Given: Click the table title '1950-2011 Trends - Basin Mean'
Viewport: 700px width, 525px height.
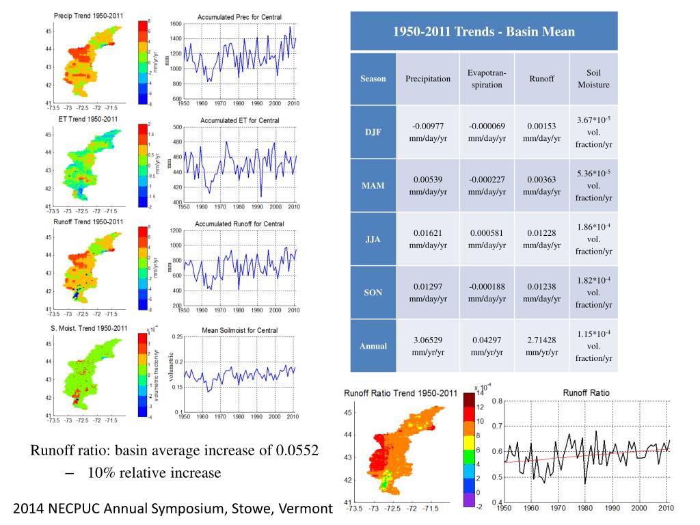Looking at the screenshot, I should coord(483,31).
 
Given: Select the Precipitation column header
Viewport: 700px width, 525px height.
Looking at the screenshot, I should coord(428,79).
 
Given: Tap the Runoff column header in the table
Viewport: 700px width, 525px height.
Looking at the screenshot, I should coord(541,79).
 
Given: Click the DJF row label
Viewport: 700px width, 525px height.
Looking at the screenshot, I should coord(373,132).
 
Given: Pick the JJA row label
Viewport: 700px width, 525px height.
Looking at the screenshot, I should coord(373,239).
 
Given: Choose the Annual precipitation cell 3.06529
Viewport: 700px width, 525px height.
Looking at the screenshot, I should coord(428,340).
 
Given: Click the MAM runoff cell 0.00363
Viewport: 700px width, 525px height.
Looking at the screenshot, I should coord(541,180).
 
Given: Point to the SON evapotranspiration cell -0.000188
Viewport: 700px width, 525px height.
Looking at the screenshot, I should coord(487,286).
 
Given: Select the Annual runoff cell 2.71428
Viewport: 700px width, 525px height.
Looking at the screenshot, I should coord(541,340).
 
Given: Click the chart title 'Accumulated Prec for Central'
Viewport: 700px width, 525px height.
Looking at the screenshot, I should coord(239,16).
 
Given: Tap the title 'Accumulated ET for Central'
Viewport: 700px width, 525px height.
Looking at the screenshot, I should coord(239,121).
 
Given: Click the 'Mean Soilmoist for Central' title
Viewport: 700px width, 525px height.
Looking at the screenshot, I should coord(239,330).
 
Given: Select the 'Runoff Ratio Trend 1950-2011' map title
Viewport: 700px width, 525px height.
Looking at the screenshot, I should coord(400,394).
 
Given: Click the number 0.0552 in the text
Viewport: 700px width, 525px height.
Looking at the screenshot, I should coord(297,450).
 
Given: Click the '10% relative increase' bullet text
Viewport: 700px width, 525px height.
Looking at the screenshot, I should coord(154,473).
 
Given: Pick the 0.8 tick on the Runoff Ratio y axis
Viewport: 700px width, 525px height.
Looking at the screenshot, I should coord(497,401).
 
